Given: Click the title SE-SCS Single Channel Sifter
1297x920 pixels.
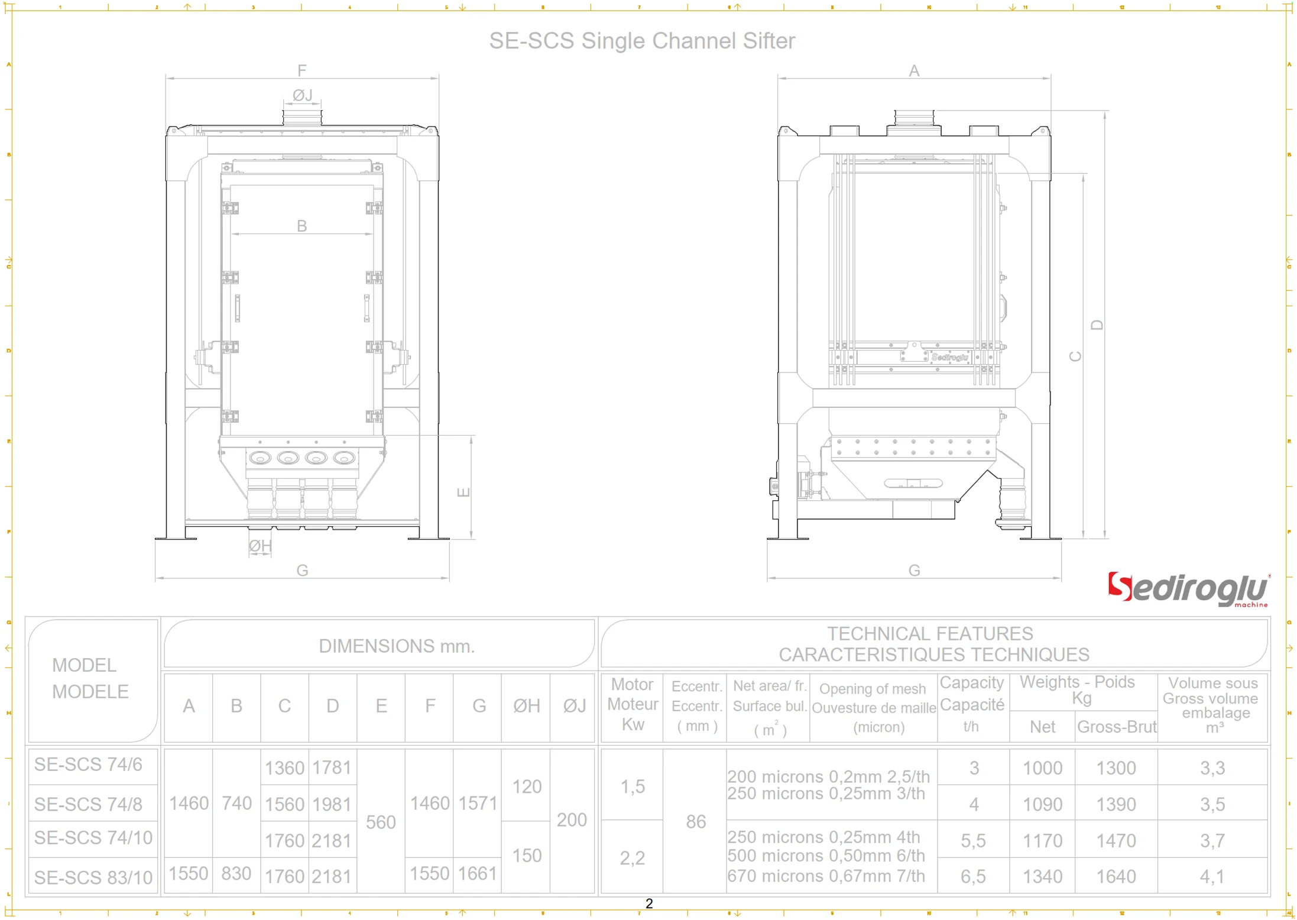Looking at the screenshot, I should [641, 41].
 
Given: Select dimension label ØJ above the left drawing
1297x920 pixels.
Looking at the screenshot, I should [302, 95].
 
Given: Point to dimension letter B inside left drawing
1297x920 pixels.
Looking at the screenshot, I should [301, 226].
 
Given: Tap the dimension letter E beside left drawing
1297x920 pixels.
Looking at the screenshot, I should [463, 492].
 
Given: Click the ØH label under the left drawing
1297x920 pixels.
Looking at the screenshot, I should [260, 546].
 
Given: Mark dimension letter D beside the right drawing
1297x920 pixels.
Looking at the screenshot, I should [1097, 325].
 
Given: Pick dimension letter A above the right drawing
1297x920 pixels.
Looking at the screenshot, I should [913, 71].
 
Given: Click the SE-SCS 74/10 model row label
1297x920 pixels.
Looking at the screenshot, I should [93, 837].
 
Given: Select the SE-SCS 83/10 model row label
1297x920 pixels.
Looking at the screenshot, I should [93, 877].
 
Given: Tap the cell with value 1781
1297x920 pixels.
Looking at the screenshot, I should [332, 767].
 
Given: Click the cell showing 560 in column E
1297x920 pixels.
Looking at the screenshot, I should [381, 822].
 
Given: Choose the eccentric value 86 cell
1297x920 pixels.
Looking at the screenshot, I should [696, 821].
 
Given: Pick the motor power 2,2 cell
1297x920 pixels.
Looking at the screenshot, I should [632, 857].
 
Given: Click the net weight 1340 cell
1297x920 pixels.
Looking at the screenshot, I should [1042, 876].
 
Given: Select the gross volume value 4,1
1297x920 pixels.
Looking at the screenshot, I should [1212, 876].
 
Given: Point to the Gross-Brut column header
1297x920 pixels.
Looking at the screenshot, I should [1116, 727].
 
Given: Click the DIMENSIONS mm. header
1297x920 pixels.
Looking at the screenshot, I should [397, 646].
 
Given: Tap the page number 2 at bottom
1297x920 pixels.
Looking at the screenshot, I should [649, 903].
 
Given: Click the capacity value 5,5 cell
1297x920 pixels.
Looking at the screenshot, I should [973, 840].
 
